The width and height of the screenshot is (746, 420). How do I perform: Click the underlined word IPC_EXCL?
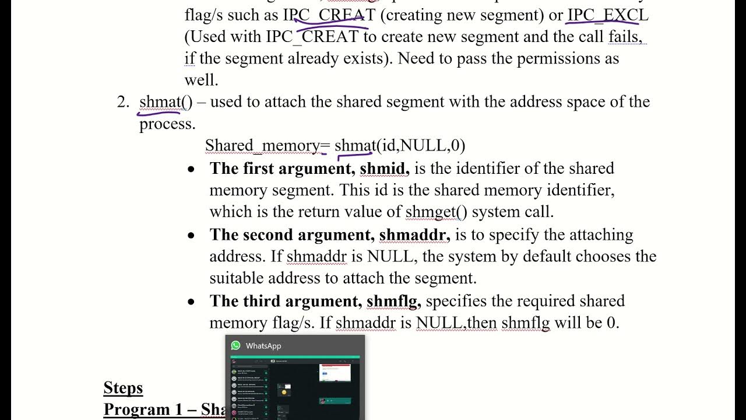pos(607,15)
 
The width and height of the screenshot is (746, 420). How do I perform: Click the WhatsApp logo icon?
pos(235,345)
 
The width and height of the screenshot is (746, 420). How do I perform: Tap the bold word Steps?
pos(123,388)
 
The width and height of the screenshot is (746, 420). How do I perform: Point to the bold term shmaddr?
pos(414,235)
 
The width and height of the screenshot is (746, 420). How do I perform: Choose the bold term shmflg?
pos(393,301)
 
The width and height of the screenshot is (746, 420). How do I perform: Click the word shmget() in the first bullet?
pos(437,212)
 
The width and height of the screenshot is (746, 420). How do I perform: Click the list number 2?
pos(122,102)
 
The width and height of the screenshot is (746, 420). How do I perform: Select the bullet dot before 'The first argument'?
pos(191,169)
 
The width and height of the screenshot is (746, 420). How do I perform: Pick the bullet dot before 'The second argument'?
pos(191,236)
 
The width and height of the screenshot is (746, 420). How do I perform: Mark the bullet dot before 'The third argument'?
pos(191,302)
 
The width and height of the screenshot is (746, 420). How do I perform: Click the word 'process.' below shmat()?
pos(167,124)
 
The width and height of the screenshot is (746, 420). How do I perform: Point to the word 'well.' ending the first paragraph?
pos(201,80)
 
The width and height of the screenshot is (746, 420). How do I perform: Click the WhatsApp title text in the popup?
pos(263,346)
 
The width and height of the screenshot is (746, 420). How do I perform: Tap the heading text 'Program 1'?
pos(145,409)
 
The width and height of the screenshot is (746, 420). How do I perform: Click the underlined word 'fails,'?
pos(626,37)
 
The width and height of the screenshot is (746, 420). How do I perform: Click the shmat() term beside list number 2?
pos(166,102)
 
